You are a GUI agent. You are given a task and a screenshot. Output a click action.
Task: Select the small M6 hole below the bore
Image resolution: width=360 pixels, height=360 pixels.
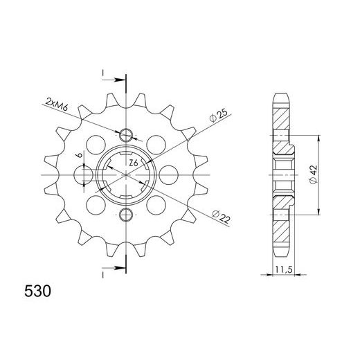tap(126, 213)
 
